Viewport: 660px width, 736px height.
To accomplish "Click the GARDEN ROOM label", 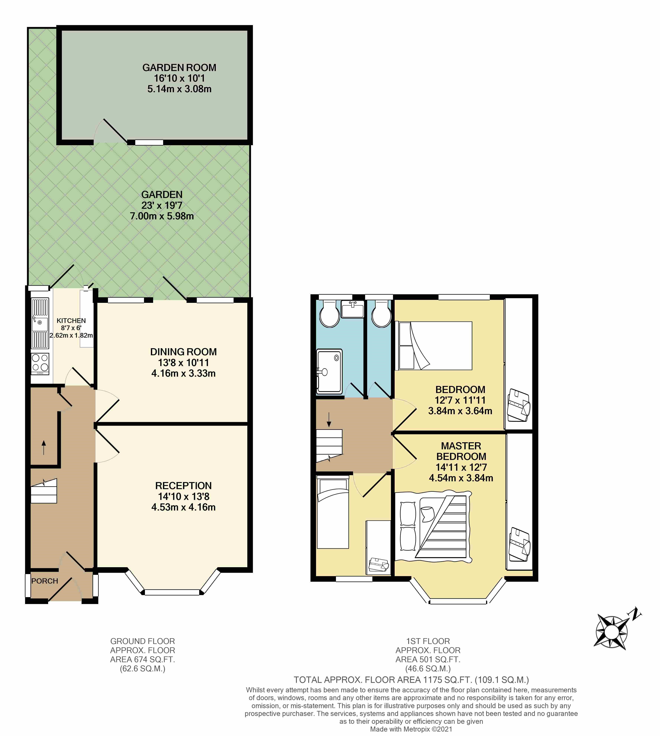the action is [x=179, y=68].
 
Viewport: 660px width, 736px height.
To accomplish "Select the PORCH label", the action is [x=45, y=581].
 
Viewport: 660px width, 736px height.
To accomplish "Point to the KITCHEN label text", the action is [x=71, y=321].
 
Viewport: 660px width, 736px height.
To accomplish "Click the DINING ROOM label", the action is [x=184, y=352].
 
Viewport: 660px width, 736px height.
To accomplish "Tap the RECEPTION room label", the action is [x=184, y=486].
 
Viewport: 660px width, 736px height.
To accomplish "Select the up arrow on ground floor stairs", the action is [x=44, y=447].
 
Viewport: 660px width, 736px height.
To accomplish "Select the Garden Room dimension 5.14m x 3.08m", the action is [x=179, y=89].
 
